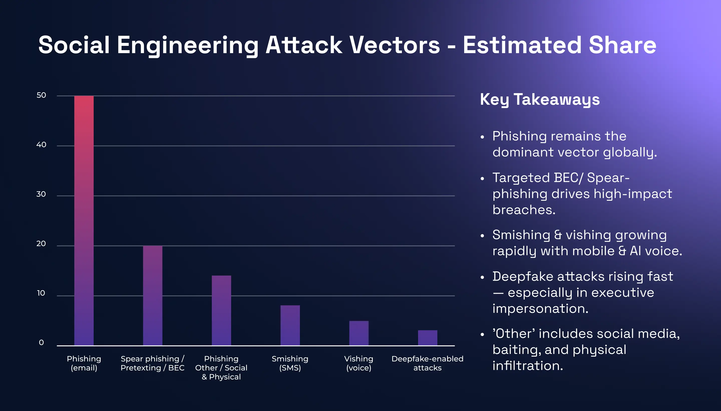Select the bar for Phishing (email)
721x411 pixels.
[x=84, y=220]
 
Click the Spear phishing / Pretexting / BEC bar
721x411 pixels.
[x=152, y=295]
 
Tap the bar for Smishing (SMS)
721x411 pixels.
[x=290, y=325]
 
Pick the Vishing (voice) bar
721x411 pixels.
[x=359, y=333]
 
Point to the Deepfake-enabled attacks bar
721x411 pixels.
[x=428, y=338]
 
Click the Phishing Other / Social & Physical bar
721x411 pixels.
[x=221, y=310]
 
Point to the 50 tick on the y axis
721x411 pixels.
[x=41, y=95]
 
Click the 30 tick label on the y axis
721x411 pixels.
[x=41, y=194]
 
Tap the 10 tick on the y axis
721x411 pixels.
[x=41, y=293]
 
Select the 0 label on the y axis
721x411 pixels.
[x=41, y=343]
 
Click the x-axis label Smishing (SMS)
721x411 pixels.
[x=290, y=363]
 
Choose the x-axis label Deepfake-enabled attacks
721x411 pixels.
[x=428, y=363]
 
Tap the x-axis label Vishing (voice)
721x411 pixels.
[x=359, y=363]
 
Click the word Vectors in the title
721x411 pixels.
[x=395, y=45]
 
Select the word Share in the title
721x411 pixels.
[x=623, y=45]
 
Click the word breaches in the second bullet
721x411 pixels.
[x=524, y=210]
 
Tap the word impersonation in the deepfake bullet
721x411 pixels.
[x=540, y=309]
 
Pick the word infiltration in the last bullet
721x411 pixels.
[x=527, y=366]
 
